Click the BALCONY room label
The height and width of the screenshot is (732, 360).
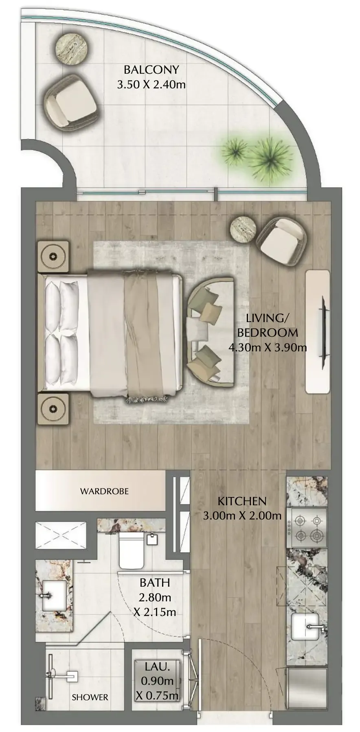click(151, 70)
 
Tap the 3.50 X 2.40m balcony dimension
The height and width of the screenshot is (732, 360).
click(151, 85)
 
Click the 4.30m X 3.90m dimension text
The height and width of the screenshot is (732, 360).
click(268, 348)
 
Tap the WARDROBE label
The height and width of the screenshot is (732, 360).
click(104, 491)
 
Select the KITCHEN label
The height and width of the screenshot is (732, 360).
click(242, 501)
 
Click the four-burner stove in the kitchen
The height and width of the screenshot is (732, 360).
click(307, 528)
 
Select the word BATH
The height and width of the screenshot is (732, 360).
click(155, 583)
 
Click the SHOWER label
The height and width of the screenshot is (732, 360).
click(90, 697)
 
